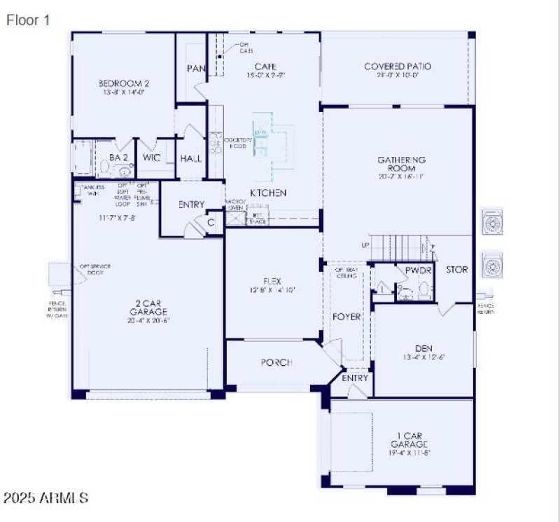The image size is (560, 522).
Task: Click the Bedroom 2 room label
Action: click(123, 83)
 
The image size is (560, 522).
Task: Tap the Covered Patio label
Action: click(398, 67)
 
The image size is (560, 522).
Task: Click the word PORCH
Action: click(276, 362)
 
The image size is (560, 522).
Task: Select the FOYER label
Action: click(346, 317)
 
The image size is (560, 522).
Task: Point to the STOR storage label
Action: click(457, 269)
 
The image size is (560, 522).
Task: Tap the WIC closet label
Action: click(152, 158)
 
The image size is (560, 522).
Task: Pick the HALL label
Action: click(190, 158)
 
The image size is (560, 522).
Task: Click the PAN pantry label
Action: click(195, 69)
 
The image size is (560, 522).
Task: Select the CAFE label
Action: click(260, 67)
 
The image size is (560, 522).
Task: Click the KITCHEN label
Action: click(269, 193)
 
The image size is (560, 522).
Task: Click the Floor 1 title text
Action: click(28, 20)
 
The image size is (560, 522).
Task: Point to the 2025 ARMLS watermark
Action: click(45, 498)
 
